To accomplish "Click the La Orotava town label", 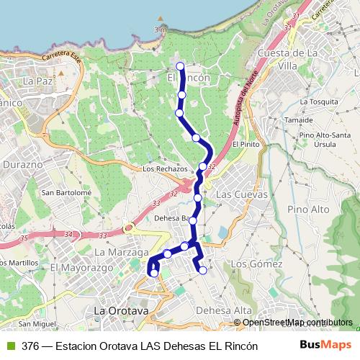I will (122, 311).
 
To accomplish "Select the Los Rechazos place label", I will (165, 168).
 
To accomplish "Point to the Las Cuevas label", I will (241, 194).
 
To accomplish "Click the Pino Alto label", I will (308, 210).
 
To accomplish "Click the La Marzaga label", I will (121, 253).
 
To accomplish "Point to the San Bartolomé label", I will (66, 192).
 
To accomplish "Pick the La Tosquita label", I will (319, 102).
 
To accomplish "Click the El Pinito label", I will (245, 144).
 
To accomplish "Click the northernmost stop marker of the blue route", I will (180, 67).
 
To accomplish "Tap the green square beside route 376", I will (9, 346).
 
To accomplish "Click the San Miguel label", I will (39, 324).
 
